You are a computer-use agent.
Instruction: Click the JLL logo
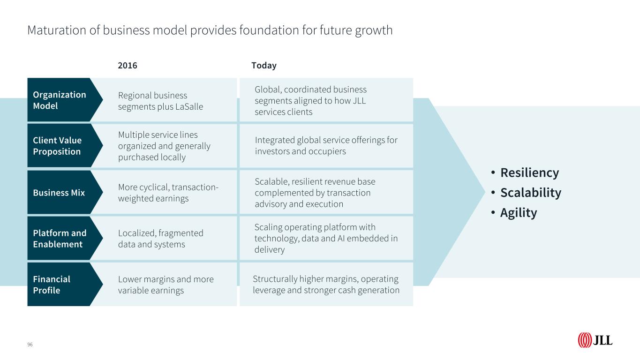click(595, 340)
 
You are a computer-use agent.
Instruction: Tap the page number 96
click(30, 345)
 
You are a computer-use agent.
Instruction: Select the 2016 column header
click(128, 66)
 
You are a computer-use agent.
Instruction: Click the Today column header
click(264, 66)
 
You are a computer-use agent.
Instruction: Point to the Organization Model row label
click(60, 100)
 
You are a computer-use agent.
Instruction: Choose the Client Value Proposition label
click(57, 146)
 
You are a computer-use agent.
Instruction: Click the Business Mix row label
click(59, 193)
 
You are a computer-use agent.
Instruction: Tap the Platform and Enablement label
click(60, 239)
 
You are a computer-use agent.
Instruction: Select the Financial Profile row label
click(52, 285)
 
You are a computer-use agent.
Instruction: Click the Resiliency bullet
click(529, 173)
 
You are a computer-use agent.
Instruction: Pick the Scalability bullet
click(530, 193)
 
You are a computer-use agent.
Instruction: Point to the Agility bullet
click(518, 213)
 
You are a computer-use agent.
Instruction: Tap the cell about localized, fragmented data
click(160, 239)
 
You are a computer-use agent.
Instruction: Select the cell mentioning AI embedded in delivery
click(326, 239)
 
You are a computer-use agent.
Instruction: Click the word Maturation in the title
click(54, 30)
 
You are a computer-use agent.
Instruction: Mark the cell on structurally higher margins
click(326, 285)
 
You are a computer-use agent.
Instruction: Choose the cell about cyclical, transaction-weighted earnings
click(168, 193)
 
